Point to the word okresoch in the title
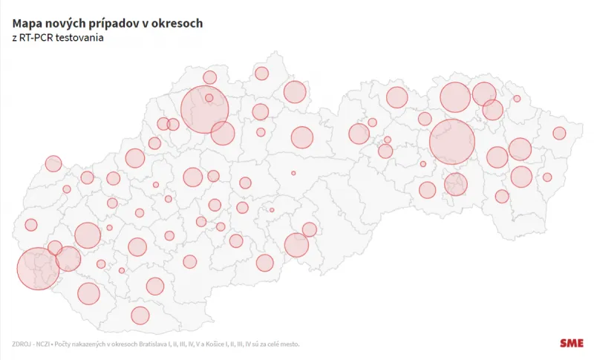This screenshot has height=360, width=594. click(x=177, y=24)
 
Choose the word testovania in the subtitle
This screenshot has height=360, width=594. click(x=85, y=39)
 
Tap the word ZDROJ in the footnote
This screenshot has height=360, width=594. click(x=22, y=344)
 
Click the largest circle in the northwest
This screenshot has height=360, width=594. click(x=204, y=109)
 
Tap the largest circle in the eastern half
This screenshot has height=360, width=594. click(x=451, y=142)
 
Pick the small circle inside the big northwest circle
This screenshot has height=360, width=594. click(x=209, y=97)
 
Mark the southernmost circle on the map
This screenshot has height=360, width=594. click(x=140, y=315)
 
